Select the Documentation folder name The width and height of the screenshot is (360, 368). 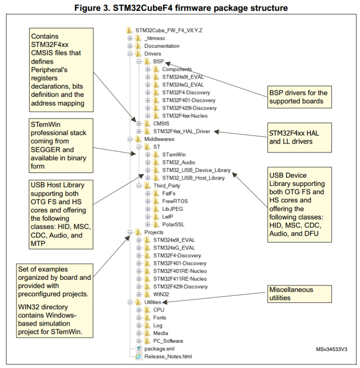coord(162,46)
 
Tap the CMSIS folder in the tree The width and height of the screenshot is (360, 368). coord(161,123)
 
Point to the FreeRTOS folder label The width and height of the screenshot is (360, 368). coord(175,201)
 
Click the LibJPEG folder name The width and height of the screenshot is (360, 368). coord(172,209)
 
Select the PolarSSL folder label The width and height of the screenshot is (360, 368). coord(173,224)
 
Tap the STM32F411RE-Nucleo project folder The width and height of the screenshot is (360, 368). coord(180,279)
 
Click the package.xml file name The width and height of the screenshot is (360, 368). coord(159,349)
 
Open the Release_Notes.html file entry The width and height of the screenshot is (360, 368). coord(168,356)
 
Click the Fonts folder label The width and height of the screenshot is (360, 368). coord(160,318)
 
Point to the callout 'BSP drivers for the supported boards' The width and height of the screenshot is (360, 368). coord(298,97)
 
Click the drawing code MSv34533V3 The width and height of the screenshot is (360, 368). coord(332,349)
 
